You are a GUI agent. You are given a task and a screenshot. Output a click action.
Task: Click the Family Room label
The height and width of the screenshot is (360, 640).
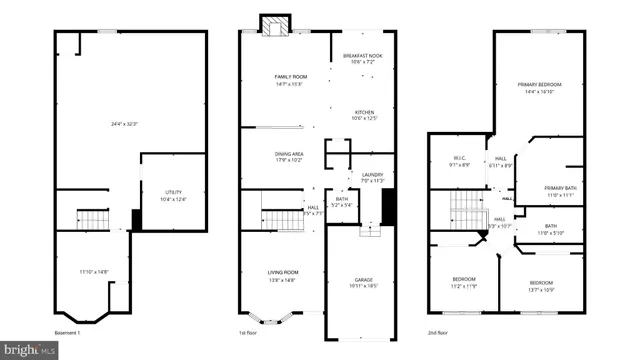tap(290, 77)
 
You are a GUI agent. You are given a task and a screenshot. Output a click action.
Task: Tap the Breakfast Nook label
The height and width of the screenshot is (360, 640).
tap(363, 56)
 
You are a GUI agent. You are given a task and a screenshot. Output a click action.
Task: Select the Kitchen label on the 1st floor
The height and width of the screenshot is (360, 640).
tap(363, 112)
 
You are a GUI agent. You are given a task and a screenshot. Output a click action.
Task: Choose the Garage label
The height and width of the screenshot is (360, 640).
tap(363, 280)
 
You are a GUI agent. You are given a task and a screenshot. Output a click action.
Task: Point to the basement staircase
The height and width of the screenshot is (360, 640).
tap(93, 217)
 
